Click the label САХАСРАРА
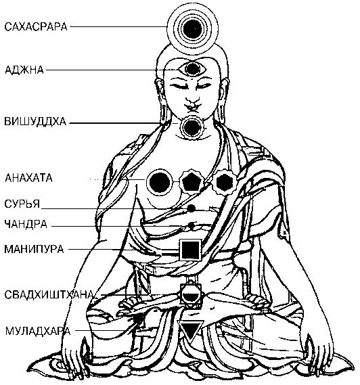coord(36,26)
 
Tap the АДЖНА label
coord(24,70)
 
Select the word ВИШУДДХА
coord(35,122)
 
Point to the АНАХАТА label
coord(28,178)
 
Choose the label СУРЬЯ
coord(22,204)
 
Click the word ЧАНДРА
coord(26,224)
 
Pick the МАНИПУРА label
coord(34,249)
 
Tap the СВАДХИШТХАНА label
coord(49,294)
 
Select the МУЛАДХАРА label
coord(38,331)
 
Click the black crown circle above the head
coord(193,30)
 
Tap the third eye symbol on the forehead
coord(193,69)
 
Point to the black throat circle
coord(191,129)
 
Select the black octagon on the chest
coord(225,182)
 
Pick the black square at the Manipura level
coord(190,250)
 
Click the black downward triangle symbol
coord(191,330)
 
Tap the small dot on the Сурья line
coord(191,208)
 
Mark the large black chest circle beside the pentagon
coord(159,183)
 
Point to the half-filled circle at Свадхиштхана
coord(190,296)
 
